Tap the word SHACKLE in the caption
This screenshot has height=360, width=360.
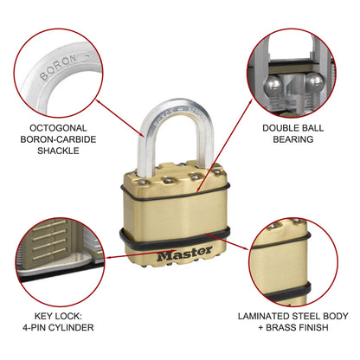coord(60,150)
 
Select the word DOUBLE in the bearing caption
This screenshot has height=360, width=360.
coord(284,125)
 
